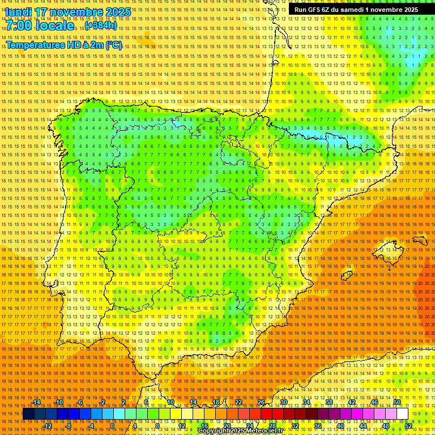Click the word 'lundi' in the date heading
18,11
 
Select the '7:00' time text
19,25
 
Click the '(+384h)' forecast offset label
101,25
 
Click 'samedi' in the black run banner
352,10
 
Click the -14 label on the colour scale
37,402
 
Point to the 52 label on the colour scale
408,426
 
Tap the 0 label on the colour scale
112,426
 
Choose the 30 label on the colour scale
283,402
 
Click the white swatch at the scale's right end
402,414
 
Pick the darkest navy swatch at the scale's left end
28,414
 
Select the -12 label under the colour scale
48,426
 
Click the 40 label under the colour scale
340,426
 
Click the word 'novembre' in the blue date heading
75,11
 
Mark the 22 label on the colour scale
238,402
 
